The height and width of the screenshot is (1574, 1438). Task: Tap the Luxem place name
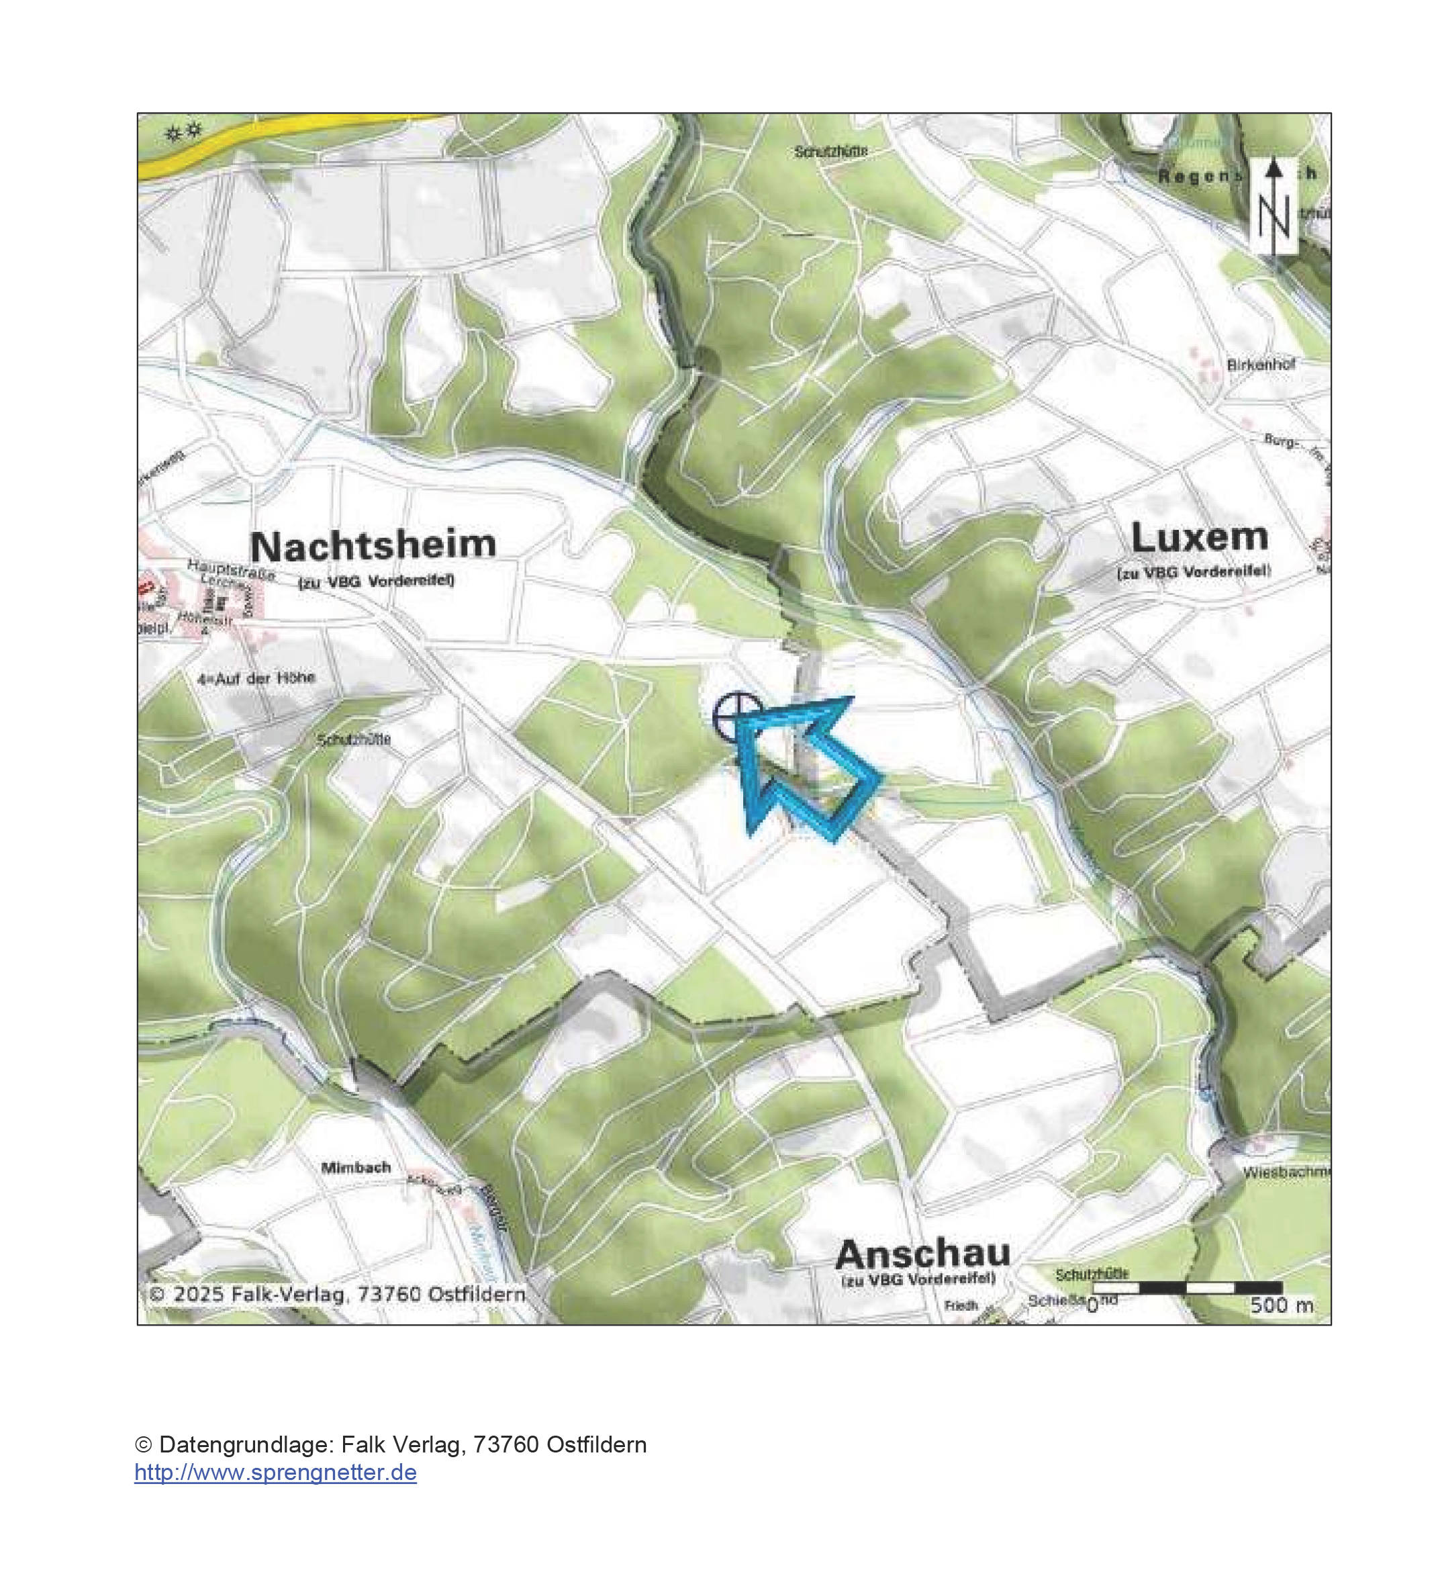[x=1200, y=537]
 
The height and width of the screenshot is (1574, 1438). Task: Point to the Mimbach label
[x=356, y=1168]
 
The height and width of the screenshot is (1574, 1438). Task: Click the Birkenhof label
[x=1261, y=365]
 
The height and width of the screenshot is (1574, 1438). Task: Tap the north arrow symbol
[x=1274, y=207]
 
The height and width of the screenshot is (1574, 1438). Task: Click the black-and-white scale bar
[x=1187, y=1287]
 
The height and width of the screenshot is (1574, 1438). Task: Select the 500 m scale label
[x=1281, y=1305]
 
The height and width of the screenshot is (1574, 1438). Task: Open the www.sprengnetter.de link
[x=275, y=1473]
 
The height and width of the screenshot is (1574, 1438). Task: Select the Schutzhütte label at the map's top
[x=830, y=152]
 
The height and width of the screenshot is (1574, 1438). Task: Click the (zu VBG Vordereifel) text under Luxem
[x=1194, y=571]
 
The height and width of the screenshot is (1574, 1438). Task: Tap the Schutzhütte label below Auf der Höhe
[x=354, y=739]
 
